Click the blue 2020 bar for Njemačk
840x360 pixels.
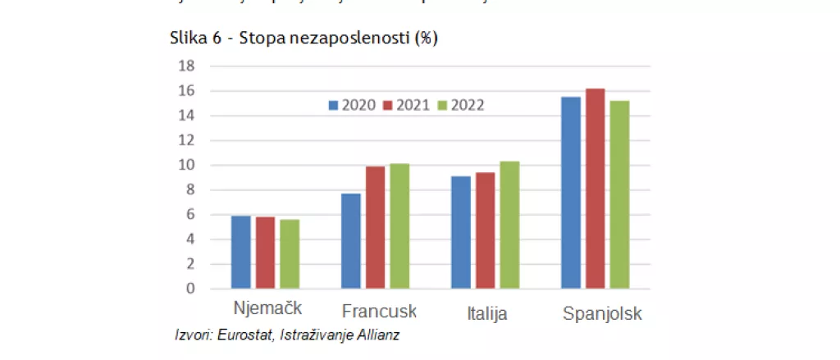tap(240, 253)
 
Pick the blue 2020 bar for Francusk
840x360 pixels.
tap(350, 241)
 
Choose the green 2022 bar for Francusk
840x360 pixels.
tap(399, 226)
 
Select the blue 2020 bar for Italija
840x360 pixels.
tap(460, 233)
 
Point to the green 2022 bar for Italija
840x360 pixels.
tap(509, 226)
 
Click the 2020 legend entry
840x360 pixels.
tap(352, 105)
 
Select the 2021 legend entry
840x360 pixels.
tap(406, 105)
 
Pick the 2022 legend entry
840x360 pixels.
tap(460, 105)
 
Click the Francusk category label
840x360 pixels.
tap(379, 312)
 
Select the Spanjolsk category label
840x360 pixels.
tap(601, 314)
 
